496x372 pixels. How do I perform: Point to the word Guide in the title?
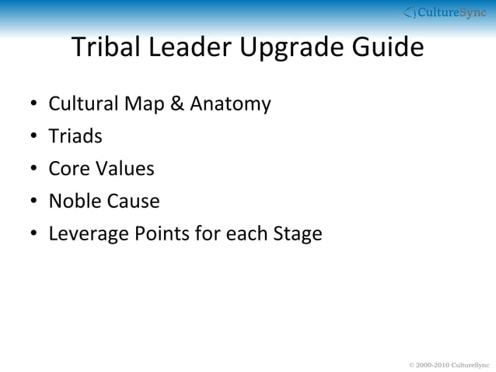387,48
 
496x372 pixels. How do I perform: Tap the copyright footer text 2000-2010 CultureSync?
449,364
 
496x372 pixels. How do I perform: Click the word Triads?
75,136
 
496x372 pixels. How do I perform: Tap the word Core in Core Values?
68,169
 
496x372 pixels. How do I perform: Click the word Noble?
73,202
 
